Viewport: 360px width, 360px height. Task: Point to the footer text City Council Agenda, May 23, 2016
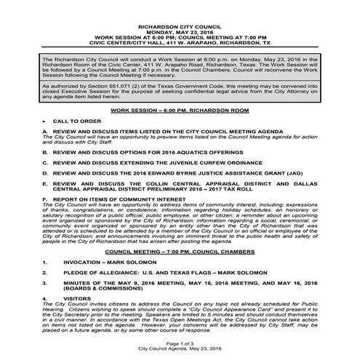[x=180, y=349]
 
